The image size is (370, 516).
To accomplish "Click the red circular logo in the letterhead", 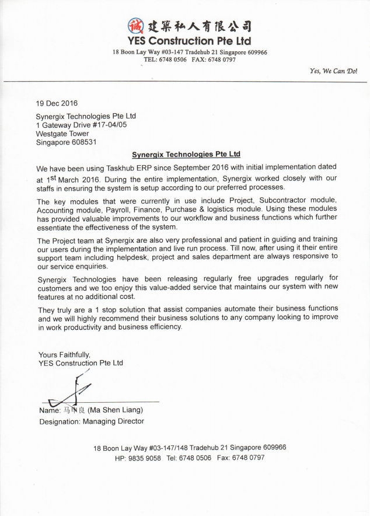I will coord(135,26).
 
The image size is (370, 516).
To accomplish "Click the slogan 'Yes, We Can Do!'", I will coord(334,71).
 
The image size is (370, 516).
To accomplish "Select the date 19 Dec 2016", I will coord(57,103).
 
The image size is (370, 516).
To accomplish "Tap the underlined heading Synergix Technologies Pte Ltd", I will coord(186,155).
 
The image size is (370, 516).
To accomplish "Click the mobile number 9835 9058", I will coord(144,458).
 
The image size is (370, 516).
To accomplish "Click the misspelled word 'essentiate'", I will coord(56,227).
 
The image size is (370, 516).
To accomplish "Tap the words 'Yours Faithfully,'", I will coord(64,354).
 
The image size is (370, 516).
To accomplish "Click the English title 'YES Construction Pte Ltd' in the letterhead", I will coord(189,41).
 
